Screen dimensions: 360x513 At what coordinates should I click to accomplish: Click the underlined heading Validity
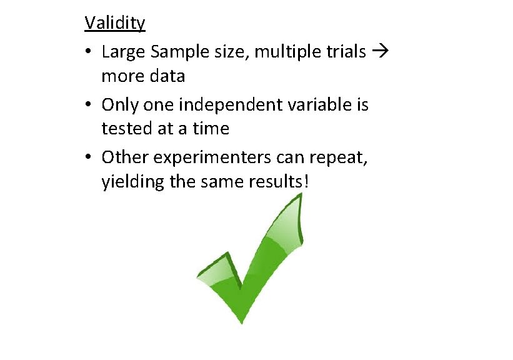115,24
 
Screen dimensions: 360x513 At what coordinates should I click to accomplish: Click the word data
167,77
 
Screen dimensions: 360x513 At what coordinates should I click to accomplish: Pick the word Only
117,104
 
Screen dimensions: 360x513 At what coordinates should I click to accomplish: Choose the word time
211,129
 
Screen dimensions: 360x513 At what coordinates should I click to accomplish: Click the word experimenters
207,157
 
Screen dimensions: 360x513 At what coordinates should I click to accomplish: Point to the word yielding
126,183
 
